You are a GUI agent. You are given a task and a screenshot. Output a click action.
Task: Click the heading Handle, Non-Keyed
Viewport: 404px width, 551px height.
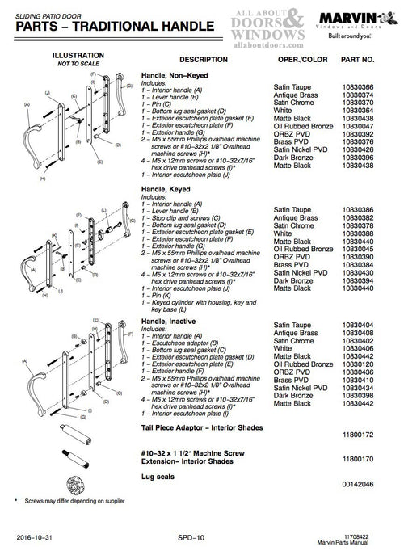pos(173,75)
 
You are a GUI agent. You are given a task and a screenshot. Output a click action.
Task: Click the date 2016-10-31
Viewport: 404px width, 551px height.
pos(36,536)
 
